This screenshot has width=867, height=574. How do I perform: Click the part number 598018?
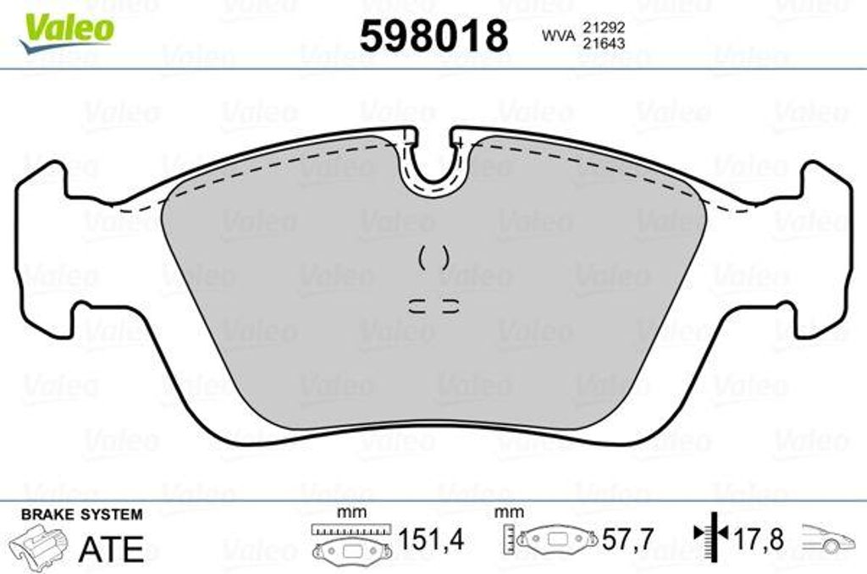pyautogui.click(x=433, y=36)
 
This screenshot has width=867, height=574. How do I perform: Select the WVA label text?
pyautogui.click(x=554, y=36)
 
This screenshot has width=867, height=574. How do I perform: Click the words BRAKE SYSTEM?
pyautogui.click(x=81, y=515)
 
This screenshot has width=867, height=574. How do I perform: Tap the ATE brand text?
pyautogui.click(x=111, y=549)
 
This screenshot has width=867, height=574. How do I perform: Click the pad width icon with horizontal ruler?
pyautogui.click(x=350, y=542)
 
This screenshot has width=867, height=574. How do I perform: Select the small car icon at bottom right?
pyautogui.click(x=826, y=539)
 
